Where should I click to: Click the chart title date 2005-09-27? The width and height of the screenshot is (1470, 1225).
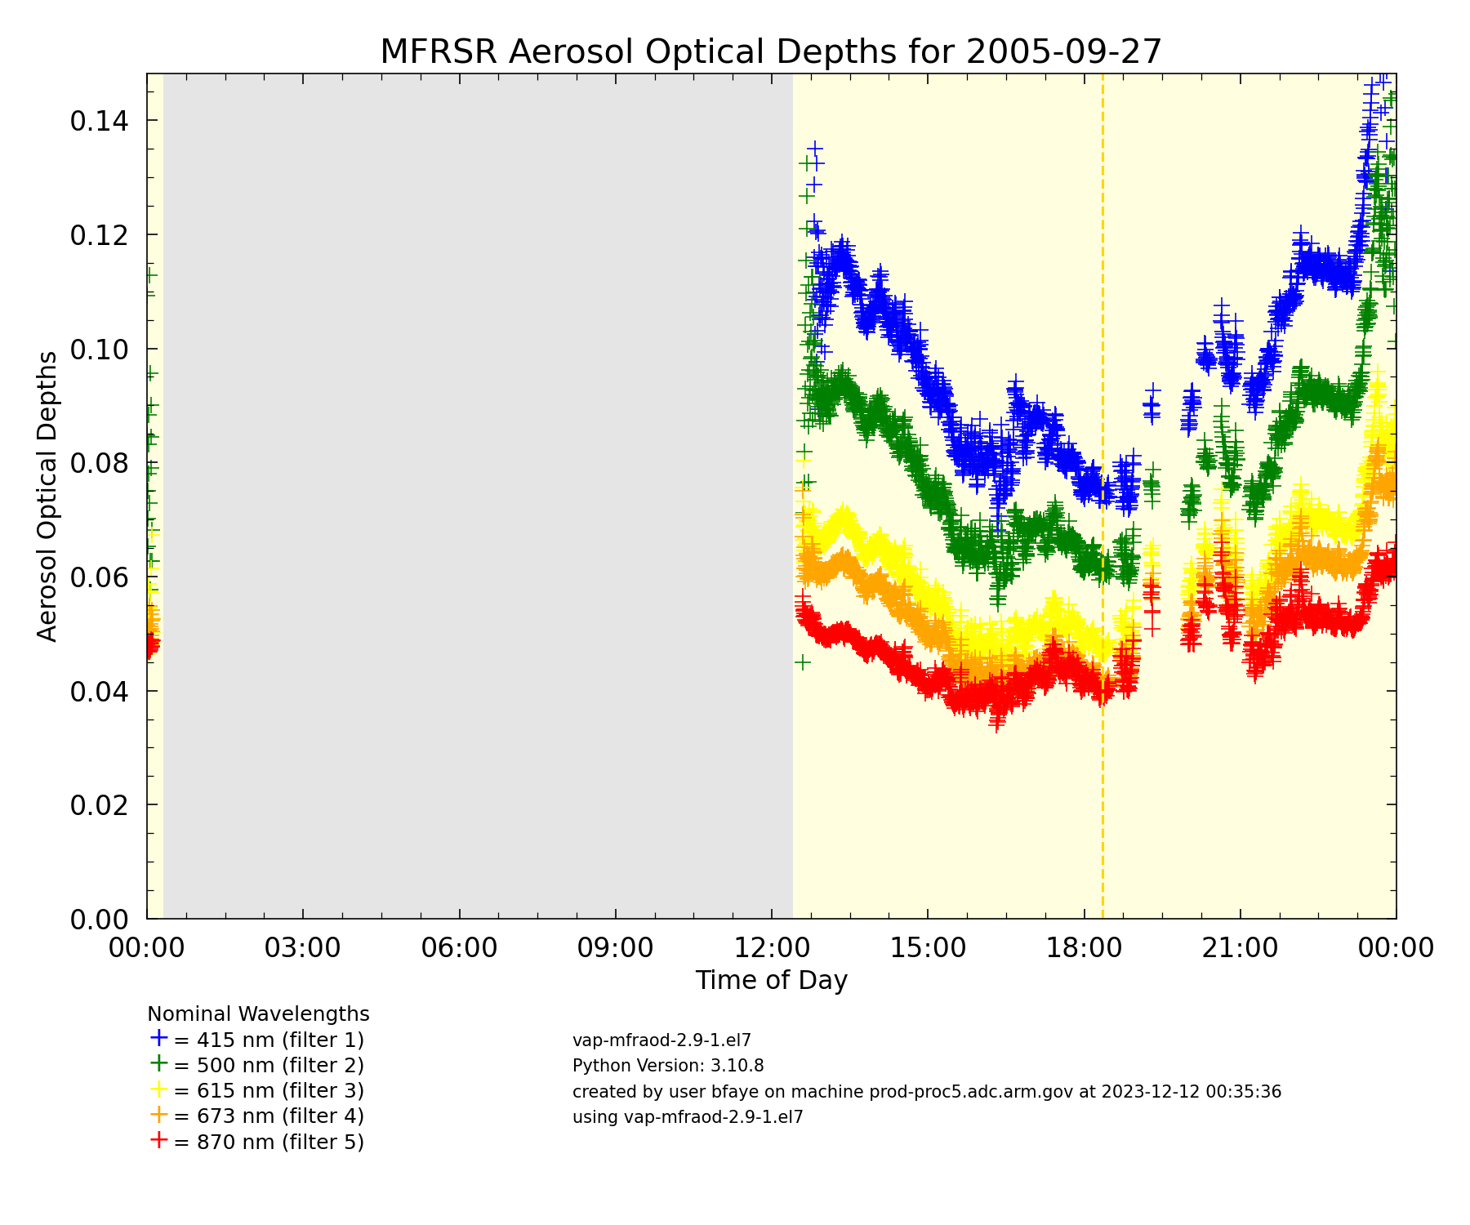pos(1063,52)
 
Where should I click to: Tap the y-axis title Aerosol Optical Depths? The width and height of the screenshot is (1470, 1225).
pos(47,496)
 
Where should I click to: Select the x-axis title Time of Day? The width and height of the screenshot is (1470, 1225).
pos(771,980)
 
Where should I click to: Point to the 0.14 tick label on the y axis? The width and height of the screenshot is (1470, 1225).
pos(99,122)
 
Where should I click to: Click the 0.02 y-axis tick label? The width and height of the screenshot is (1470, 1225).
pos(99,805)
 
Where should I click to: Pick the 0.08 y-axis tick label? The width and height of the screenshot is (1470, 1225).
pos(99,464)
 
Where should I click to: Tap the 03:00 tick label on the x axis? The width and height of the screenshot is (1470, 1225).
pos(303,947)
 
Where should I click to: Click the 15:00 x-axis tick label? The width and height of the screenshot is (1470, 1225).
pos(928,947)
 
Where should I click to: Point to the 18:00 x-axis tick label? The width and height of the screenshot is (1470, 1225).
pos(1084,947)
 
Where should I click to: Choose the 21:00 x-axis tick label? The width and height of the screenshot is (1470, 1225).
pos(1240,947)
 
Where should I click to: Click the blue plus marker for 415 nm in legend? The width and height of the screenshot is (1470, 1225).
pos(158,1038)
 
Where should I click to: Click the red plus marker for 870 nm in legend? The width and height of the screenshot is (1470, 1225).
pos(158,1140)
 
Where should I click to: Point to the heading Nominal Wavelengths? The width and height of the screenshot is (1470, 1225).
pos(258,1014)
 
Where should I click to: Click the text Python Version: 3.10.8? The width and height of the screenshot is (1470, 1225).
pos(668,1066)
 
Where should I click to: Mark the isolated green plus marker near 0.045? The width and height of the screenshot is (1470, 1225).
pos(802,661)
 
